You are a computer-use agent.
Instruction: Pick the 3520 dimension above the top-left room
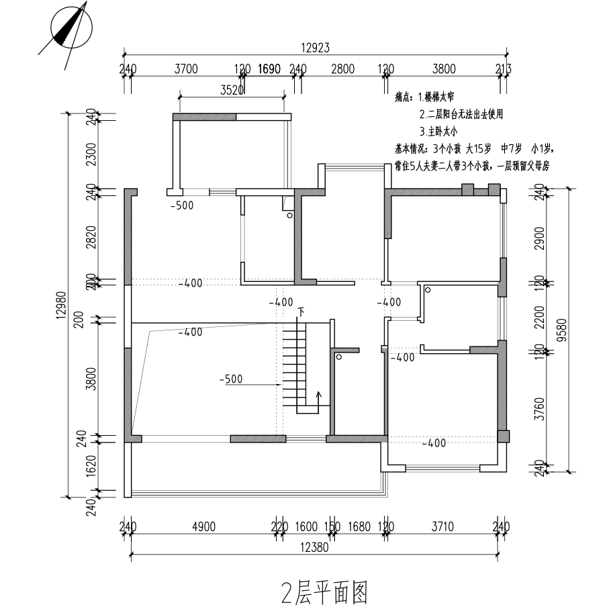231,91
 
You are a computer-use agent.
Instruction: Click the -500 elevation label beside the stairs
231,379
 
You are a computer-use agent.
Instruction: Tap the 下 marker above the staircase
301,311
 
